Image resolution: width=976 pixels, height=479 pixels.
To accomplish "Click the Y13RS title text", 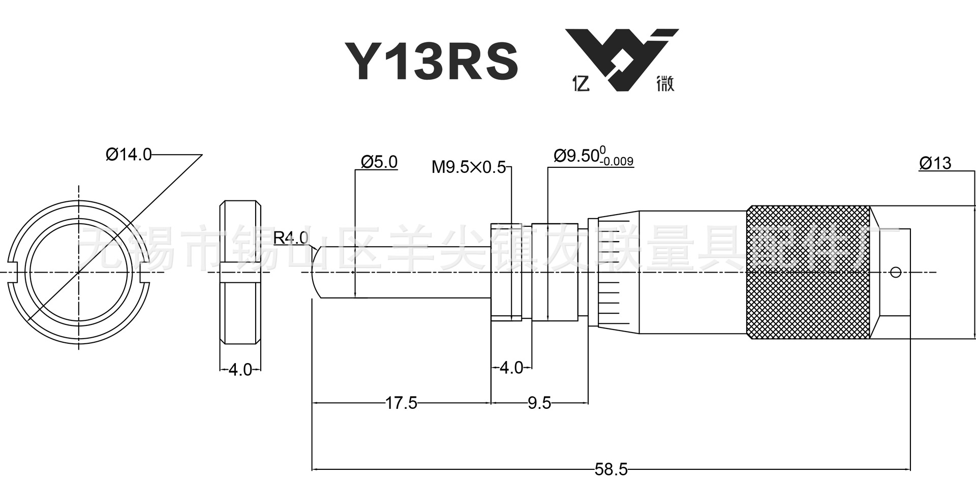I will coord(431,62).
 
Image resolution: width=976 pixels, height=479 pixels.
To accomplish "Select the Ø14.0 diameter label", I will coord(129,154).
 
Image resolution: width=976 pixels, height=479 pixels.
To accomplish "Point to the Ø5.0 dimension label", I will coord(379,162).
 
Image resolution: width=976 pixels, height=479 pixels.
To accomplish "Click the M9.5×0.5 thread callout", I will coord(468,167).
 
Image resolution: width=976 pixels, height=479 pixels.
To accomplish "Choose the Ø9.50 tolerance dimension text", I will coord(593,156).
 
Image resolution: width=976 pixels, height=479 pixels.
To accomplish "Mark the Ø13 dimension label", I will coord(935,163).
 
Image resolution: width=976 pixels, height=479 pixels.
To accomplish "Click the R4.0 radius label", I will coord(290,237).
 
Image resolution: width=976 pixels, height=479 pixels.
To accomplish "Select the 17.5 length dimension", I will coord(401,403).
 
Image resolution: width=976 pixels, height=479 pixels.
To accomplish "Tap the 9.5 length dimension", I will coord(539,403).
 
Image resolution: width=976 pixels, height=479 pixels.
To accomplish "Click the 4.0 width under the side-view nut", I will coord(240,370).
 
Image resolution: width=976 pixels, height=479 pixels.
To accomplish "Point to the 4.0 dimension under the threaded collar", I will coord(511,368).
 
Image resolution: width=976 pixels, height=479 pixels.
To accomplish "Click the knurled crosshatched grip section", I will coord(808,272).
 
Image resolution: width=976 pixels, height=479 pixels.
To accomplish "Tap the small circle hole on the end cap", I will coord(896,272).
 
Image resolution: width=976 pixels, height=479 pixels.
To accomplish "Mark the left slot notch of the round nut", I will coord(14,272).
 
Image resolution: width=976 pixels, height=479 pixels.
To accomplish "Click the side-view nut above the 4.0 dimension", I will coord(240,272).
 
